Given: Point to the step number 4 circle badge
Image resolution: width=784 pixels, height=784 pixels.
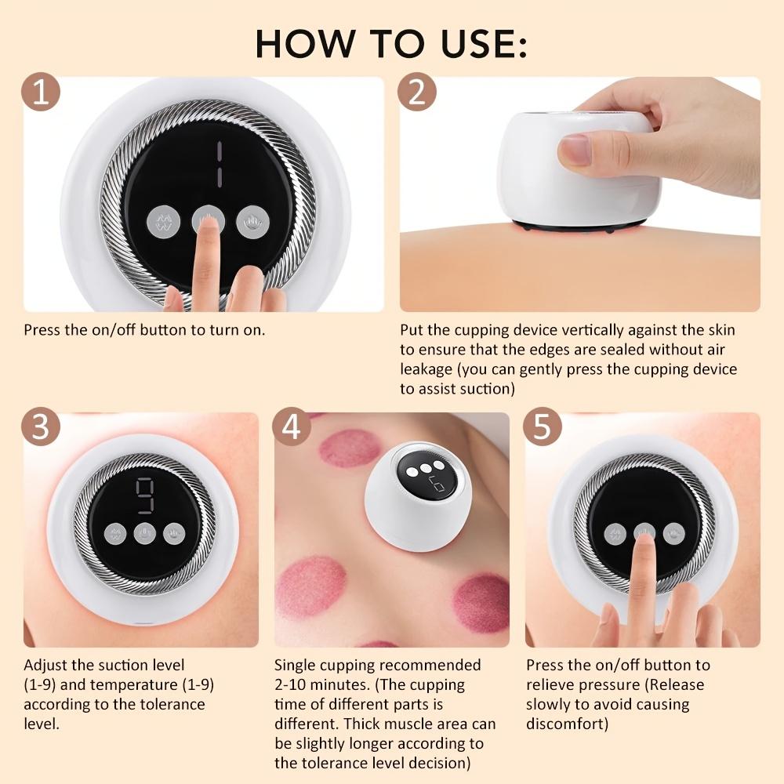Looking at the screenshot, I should [x=291, y=430].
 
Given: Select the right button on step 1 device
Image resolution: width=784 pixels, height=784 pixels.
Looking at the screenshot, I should [x=252, y=220].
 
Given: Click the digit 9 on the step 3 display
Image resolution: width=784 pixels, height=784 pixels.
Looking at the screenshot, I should [x=144, y=495].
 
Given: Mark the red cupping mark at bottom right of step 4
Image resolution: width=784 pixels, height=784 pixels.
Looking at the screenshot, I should [x=481, y=601].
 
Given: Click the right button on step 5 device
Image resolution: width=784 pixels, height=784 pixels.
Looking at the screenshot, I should [x=673, y=533].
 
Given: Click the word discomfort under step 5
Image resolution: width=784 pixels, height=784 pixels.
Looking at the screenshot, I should [x=567, y=724].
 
